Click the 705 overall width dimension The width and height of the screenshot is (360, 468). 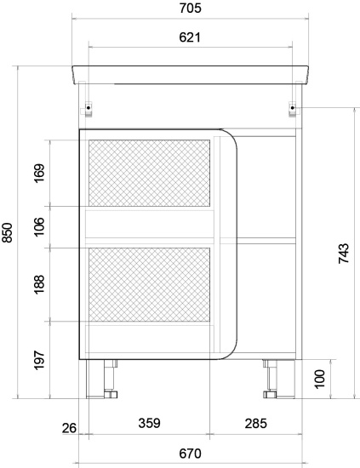coord(190,8)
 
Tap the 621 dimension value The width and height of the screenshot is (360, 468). coord(190,37)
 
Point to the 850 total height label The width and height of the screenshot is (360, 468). coord(7,232)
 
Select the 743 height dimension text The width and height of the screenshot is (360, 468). coord(344,254)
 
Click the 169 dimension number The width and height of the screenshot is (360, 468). coord(39,173)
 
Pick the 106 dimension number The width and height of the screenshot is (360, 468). coord(39,227)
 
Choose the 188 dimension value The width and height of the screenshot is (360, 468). coord(39,284)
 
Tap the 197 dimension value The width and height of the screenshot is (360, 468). coord(39,361)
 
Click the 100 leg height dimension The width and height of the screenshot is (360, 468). coord(320,379)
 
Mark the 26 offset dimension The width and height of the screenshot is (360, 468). coord(69,428)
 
